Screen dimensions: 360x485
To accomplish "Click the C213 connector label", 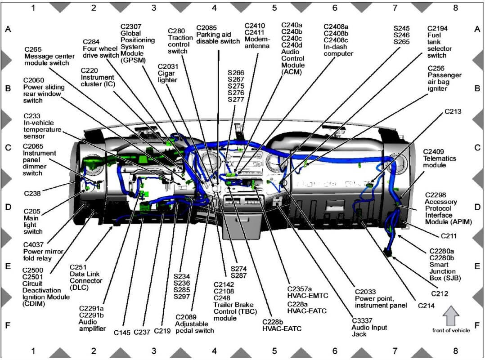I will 454,111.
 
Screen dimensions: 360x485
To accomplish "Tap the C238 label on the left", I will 32,193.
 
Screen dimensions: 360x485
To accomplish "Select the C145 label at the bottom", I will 122,332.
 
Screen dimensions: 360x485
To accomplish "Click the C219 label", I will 162,331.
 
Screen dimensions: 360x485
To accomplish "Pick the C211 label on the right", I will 449,235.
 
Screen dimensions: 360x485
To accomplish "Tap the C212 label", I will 440,293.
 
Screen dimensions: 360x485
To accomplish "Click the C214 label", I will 426,306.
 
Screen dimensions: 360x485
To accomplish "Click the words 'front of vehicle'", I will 450,330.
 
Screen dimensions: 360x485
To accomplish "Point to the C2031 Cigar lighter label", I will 168,73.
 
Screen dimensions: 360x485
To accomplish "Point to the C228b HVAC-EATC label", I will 282,325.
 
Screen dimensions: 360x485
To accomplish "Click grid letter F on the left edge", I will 8,324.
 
